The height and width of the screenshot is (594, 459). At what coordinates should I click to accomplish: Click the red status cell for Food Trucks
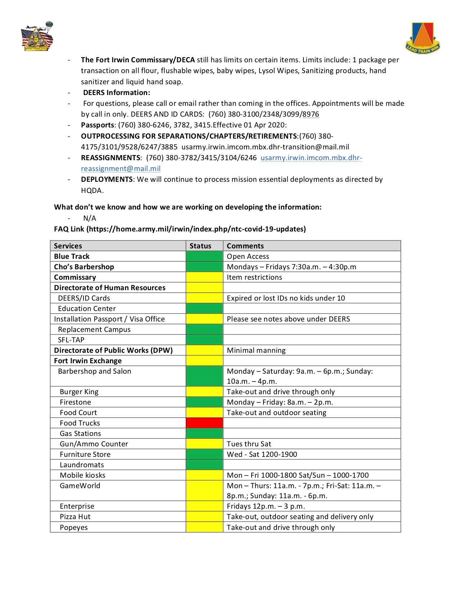204,423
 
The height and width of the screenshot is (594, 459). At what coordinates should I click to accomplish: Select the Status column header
201,246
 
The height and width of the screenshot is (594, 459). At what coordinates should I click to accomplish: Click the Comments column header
245,246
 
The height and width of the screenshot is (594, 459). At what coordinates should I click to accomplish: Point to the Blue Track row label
72,256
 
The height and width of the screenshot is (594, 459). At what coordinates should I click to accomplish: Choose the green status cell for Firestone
204,402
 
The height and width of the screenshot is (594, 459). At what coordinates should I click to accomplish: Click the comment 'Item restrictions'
254,277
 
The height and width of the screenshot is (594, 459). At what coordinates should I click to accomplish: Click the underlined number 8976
311,114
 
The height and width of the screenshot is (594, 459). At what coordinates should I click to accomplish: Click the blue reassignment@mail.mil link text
121,168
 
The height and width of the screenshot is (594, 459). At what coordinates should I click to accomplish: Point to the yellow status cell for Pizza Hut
204,517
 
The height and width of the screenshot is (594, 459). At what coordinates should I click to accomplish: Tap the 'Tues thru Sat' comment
249,444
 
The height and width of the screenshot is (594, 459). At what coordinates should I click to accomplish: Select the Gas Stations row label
80,433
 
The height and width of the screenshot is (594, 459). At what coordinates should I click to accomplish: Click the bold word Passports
97,125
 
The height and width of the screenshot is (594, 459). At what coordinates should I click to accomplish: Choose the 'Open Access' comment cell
248,256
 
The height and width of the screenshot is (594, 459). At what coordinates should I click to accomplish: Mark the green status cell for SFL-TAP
204,340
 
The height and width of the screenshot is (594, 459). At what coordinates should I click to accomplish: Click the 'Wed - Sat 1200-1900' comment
262,454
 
